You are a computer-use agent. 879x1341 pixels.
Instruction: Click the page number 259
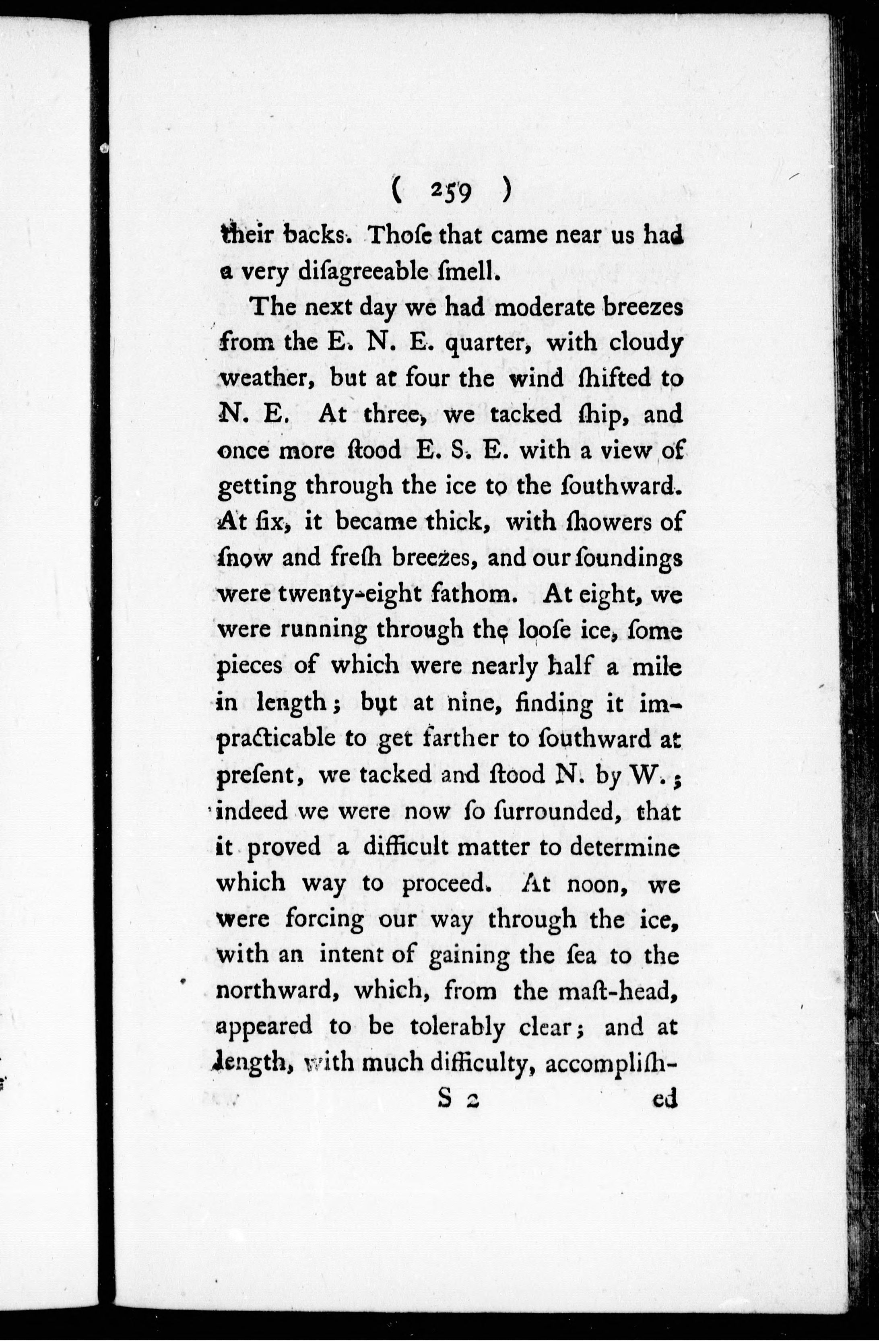coord(451,191)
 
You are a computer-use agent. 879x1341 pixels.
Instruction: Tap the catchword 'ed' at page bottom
coord(665,1099)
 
